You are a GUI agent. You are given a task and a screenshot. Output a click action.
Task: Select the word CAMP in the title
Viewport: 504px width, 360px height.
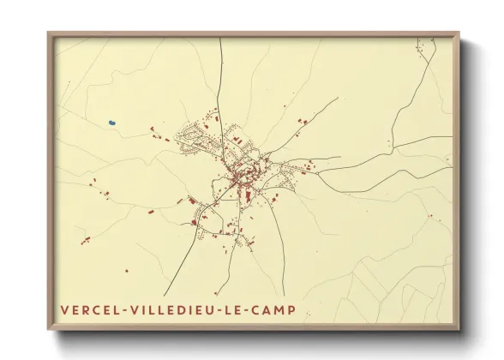coord(281,310)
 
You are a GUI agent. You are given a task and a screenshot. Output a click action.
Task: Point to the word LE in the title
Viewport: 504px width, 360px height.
coord(243,310)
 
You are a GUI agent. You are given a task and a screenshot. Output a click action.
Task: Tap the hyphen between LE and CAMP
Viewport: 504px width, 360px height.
coord(257,310)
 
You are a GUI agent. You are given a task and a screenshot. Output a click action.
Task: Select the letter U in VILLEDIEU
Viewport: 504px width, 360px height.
coord(218,310)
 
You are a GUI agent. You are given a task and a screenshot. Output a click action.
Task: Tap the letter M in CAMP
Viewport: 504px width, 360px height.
coord(287,310)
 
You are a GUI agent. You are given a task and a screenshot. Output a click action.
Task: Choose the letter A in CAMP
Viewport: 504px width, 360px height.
coord(275,310)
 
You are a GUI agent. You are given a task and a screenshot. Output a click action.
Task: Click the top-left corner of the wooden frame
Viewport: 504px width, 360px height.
coord(48,33)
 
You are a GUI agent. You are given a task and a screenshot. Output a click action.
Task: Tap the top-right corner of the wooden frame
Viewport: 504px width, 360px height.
coord(459,33)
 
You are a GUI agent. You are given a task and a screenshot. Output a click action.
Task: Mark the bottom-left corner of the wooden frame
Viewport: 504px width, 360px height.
coord(48,331)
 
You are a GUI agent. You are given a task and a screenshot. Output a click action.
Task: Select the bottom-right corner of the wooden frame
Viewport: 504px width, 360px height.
coord(459,331)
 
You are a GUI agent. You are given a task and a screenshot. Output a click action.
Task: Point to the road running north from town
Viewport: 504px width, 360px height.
coord(222,77)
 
